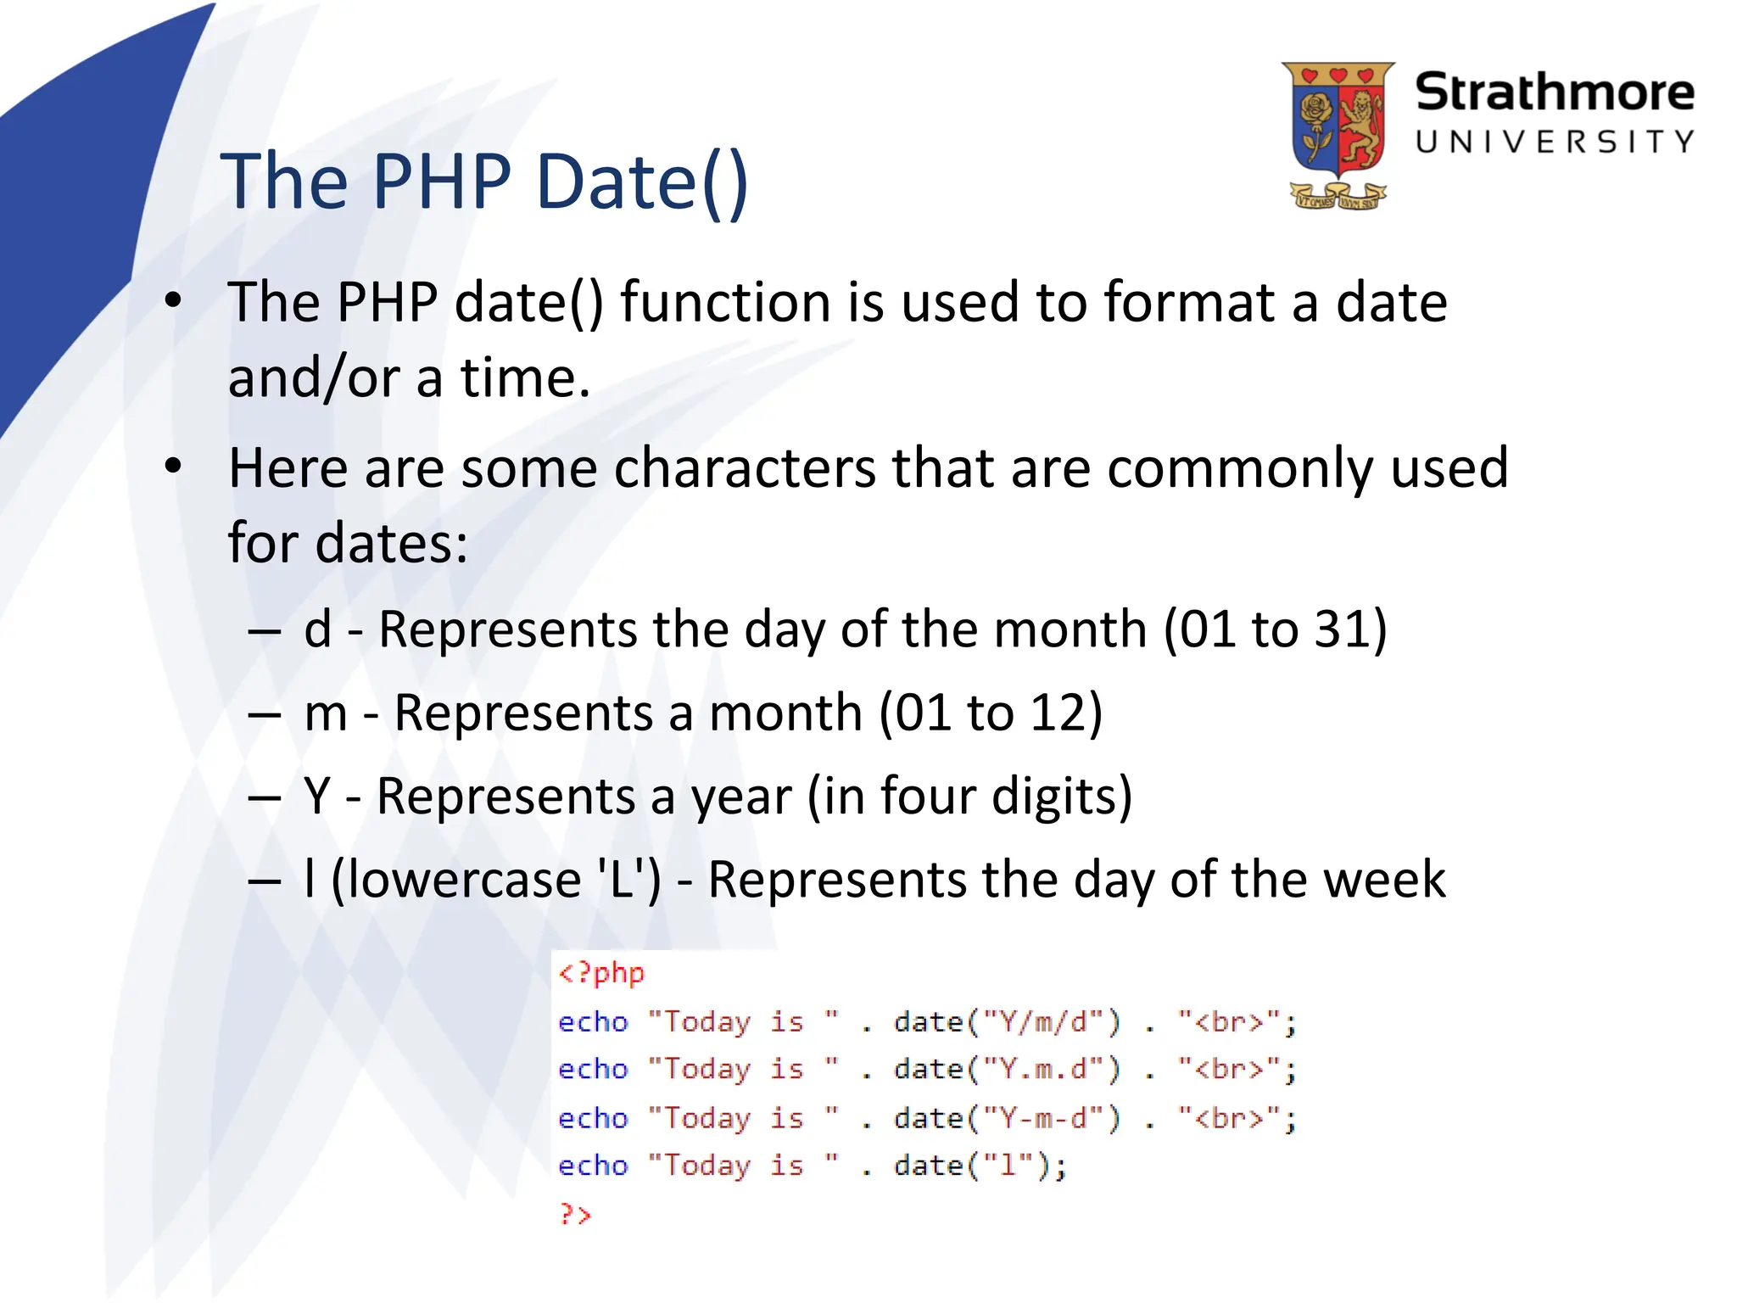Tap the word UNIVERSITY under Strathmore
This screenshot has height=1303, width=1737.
point(1554,142)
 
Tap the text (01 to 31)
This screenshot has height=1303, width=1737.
point(1275,629)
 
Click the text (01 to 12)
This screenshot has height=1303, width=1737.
point(990,713)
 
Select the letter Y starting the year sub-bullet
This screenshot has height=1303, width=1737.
point(317,796)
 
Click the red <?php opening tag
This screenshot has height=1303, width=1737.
point(601,972)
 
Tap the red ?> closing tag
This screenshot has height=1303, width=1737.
point(575,1214)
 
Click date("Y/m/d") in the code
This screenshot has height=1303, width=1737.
point(1007,1021)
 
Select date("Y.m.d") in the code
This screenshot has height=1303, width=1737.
point(1007,1069)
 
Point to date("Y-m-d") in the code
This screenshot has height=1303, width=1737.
point(1007,1118)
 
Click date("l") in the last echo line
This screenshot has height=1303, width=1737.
point(980,1166)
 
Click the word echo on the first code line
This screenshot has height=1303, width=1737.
point(593,1021)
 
